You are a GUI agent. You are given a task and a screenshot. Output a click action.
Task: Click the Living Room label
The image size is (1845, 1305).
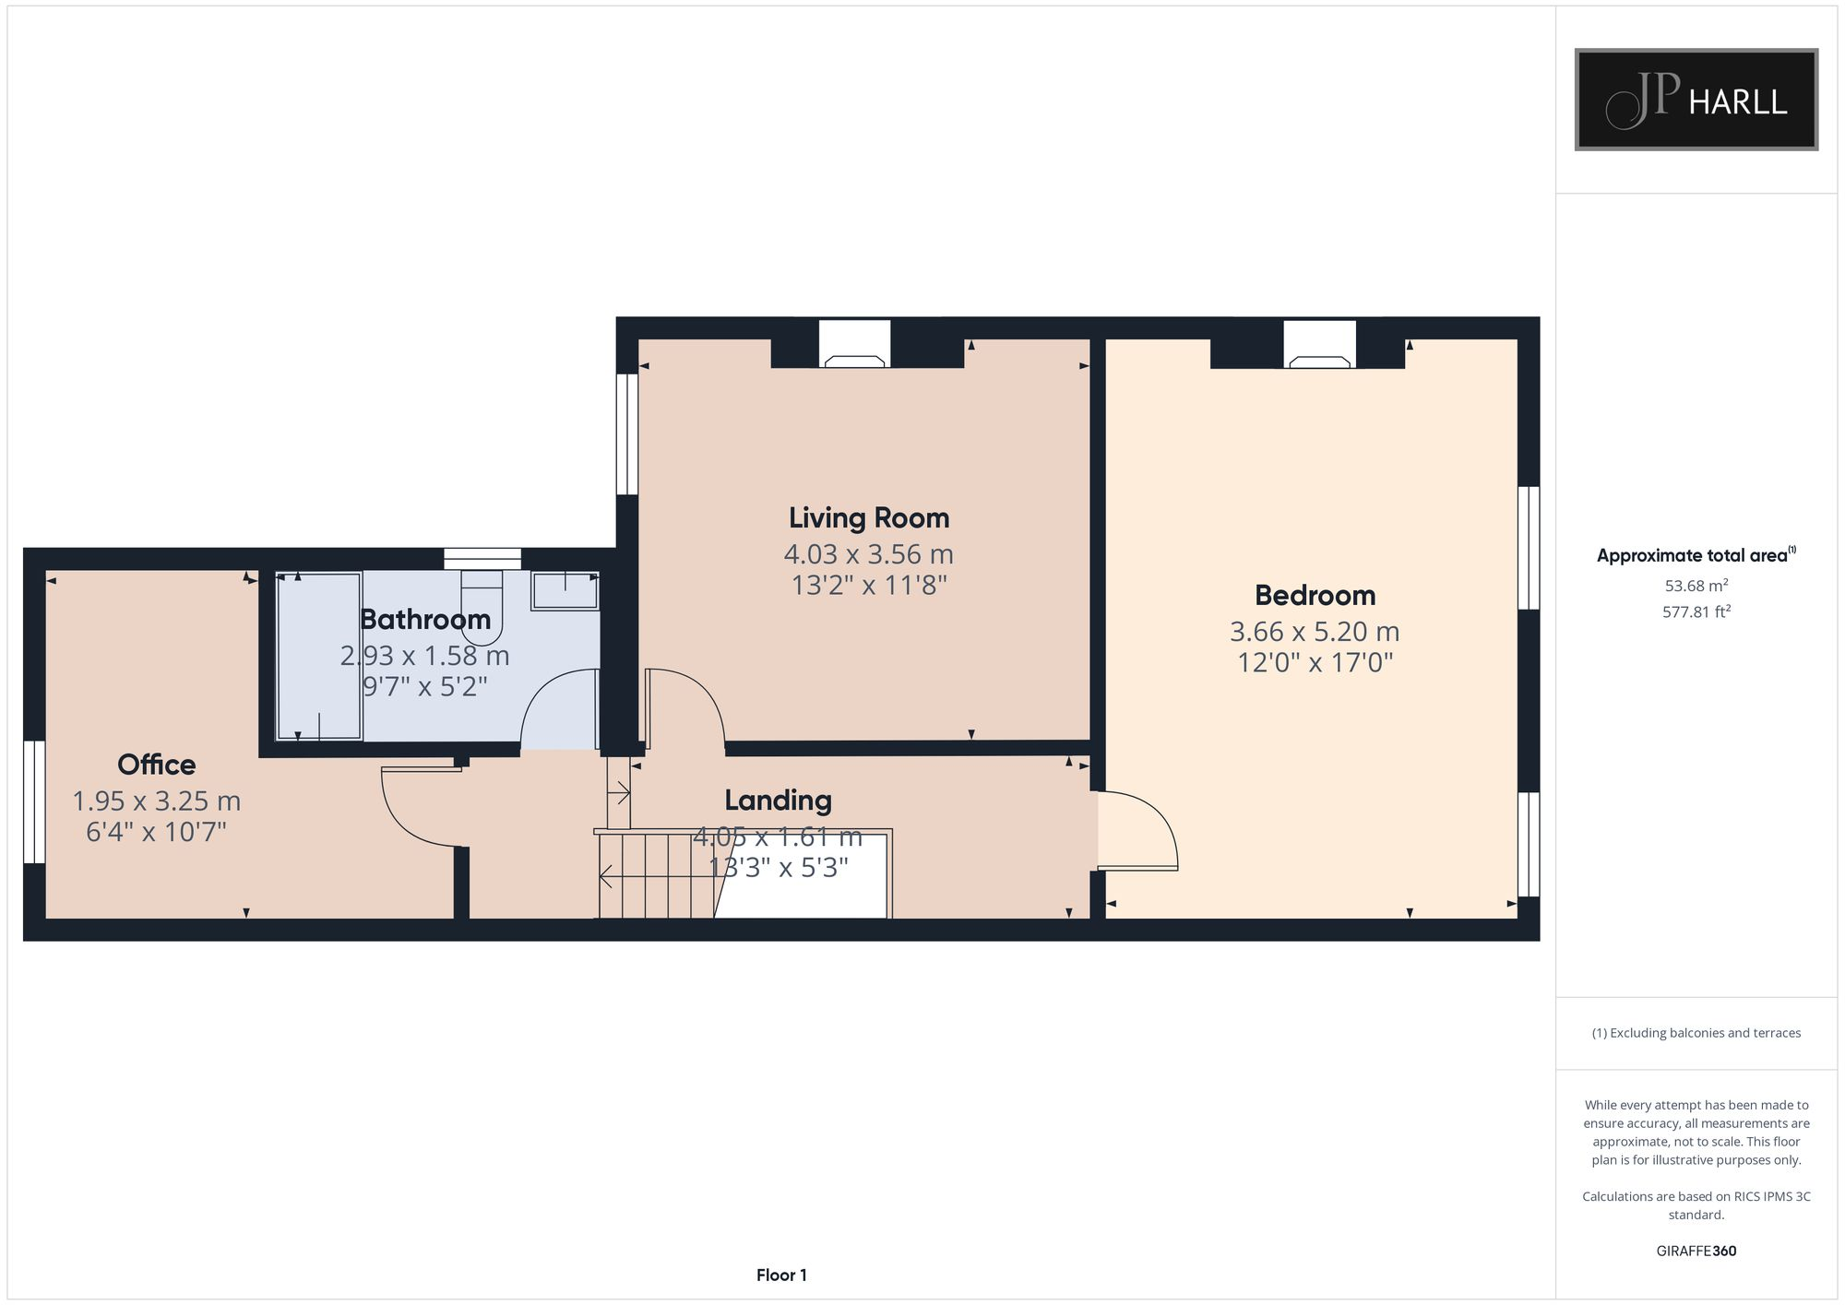click(868, 518)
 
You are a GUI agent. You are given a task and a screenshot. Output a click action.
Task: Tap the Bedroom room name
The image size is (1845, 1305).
click(1315, 596)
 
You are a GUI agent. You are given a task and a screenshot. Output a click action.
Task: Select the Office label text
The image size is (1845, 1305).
click(157, 765)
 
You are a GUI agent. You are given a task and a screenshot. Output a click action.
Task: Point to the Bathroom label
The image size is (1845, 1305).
click(425, 620)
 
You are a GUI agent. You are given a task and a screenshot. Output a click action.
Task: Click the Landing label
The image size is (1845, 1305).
click(778, 801)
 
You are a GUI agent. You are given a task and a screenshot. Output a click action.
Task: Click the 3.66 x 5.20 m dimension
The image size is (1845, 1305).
click(1315, 632)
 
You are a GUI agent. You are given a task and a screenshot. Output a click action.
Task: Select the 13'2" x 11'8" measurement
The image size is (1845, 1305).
click(869, 586)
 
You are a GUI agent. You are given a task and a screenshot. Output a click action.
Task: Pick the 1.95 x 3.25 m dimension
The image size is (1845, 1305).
click(157, 801)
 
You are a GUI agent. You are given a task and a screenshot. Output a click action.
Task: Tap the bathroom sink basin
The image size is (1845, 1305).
click(565, 590)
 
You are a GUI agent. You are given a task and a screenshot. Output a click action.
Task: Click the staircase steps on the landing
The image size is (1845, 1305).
click(655, 876)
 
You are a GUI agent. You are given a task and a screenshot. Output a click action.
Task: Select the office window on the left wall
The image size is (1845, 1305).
click(33, 801)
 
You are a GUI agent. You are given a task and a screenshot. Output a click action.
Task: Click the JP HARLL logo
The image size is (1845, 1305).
click(1696, 100)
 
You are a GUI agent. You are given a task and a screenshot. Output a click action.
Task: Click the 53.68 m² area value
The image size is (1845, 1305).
click(1696, 586)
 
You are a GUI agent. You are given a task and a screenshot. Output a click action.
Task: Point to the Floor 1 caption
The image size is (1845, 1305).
click(781, 1275)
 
